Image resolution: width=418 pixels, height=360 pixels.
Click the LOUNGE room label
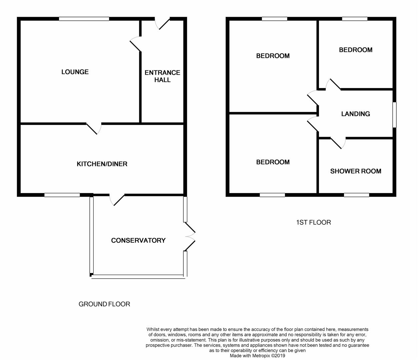pos(75,72)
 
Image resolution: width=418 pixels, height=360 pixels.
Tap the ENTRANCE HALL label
pos(162,76)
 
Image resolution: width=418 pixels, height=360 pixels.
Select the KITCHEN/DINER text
pos(102,164)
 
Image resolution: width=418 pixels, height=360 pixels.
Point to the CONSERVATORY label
pos(138,240)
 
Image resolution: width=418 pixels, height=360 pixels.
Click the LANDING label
pos(355,114)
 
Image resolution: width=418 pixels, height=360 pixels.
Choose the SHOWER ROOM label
pos(356,171)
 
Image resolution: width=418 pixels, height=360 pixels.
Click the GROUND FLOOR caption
pos(104,304)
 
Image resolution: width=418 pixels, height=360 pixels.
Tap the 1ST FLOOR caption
pos(313,222)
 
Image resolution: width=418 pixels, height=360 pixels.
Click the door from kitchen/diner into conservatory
pos(117,199)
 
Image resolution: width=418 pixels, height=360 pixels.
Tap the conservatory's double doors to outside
pos(189,236)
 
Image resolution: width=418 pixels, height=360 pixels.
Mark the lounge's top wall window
pos(84,19)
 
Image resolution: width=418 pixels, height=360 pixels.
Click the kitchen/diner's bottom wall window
pos(62,195)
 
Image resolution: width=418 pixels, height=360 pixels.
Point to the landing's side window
pos(394,115)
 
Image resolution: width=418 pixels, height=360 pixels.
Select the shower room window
pos(356,195)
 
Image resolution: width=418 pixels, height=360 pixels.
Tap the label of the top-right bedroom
pos(356,50)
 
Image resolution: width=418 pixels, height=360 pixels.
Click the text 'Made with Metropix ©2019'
pos(257,356)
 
